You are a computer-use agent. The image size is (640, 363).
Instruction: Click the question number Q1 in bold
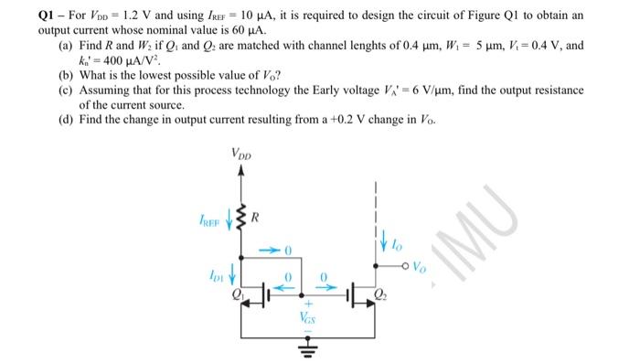[x=17, y=15]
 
